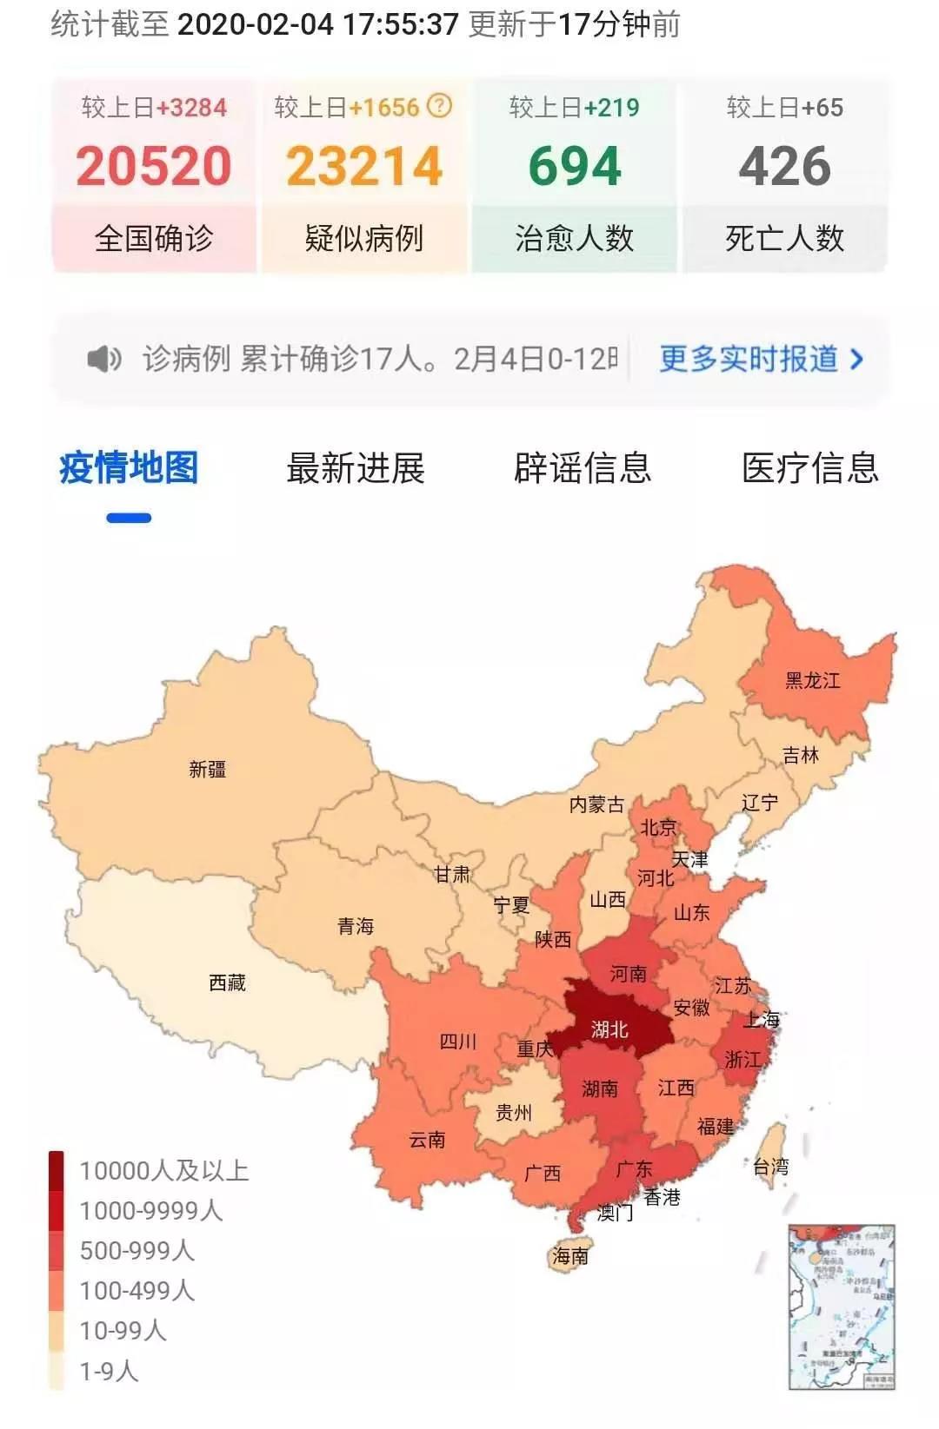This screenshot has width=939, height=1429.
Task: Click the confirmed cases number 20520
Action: (x=154, y=166)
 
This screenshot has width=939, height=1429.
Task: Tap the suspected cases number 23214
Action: (x=364, y=166)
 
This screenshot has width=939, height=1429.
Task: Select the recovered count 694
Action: (x=575, y=166)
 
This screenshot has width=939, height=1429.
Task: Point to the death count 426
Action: (x=784, y=166)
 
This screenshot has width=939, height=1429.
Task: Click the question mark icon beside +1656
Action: (x=440, y=106)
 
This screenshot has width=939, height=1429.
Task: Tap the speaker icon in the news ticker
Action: (x=104, y=358)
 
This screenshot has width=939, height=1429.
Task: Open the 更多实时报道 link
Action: (x=760, y=359)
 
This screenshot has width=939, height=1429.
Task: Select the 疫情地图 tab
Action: (x=129, y=468)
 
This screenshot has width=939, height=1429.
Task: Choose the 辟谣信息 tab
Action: (x=583, y=468)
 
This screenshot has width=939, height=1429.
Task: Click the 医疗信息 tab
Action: (x=809, y=468)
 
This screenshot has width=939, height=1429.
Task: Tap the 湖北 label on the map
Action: (x=609, y=1030)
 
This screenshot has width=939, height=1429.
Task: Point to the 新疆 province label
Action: (x=208, y=769)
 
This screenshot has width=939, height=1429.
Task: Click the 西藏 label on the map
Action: (x=227, y=982)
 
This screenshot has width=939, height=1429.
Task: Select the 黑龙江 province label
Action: (x=813, y=680)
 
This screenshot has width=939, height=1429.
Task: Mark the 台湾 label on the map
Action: (x=770, y=1167)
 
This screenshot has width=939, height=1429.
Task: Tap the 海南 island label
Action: (x=570, y=1256)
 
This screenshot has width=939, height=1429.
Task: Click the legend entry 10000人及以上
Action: (x=163, y=1170)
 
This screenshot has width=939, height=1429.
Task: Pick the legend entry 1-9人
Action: (x=109, y=1371)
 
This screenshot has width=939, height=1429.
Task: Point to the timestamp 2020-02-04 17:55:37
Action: (x=317, y=23)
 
